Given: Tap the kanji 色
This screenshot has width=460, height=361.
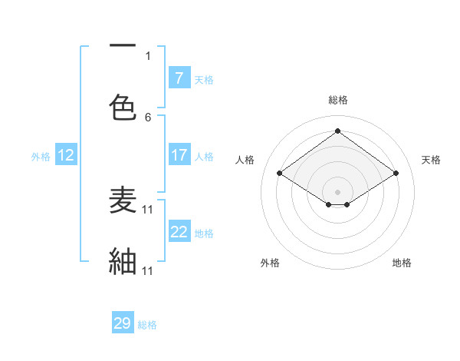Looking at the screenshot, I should pos(123,106).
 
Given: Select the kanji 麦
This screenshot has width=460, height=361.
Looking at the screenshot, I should pos(123,200).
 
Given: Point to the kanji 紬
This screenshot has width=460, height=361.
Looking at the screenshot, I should pos(123,261).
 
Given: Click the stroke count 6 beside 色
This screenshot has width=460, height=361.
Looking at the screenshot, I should pos(148,118).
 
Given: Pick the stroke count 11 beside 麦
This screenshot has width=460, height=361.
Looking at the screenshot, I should pos(148,209).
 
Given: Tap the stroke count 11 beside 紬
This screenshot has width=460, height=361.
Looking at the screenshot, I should pos(148,270).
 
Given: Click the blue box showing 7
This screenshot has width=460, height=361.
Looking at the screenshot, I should pos(179,78).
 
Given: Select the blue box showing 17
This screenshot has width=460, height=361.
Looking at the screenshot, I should pos(179,155).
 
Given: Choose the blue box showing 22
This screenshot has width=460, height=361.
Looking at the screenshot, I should pos(179,232).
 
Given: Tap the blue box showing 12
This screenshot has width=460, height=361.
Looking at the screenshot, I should pos(66,155).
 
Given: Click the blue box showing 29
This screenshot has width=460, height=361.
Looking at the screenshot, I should pos(123,323).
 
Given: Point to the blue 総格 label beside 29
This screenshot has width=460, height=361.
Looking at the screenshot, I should pos(147,325).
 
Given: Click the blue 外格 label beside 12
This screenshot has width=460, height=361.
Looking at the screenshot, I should pos(41,157).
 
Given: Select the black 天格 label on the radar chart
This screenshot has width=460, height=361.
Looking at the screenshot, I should pos(431,160).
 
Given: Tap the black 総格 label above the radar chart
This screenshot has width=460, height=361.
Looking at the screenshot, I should pos(338,100).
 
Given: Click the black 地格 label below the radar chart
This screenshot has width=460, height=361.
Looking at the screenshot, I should pos(402,263).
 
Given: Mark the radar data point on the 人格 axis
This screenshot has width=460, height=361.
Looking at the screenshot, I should pos(280,174).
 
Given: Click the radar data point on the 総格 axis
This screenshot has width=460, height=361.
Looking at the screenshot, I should pos(337,131).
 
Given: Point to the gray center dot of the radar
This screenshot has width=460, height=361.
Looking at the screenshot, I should pos(337,191).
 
